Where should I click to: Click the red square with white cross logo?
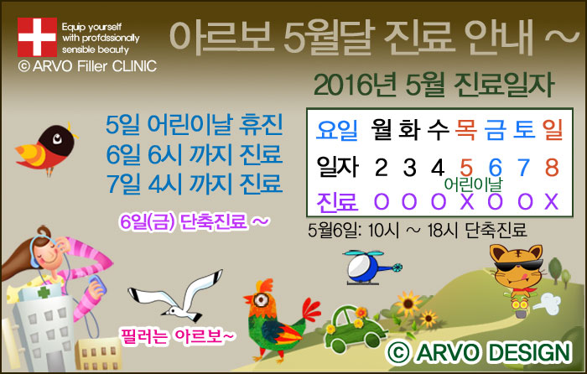[37, 37]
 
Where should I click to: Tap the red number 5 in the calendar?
[465, 168]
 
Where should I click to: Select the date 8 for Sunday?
[552, 167]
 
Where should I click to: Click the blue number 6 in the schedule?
[495, 168]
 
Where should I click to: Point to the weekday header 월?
[381, 129]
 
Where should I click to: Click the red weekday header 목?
[465, 129]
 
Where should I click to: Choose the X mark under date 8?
[552, 201]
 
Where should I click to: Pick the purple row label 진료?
[337, 202]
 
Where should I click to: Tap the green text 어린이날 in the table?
[473, 184]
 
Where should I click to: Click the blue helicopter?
[371, 267]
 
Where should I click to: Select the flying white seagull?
[176, 297]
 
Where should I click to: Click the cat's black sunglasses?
[518, 266]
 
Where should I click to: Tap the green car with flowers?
[355, 329]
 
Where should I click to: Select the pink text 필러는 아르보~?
[177, 335]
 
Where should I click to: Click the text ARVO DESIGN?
[480, 352]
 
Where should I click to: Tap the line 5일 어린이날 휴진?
[194, 125]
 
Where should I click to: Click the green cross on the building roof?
[44, 292]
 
